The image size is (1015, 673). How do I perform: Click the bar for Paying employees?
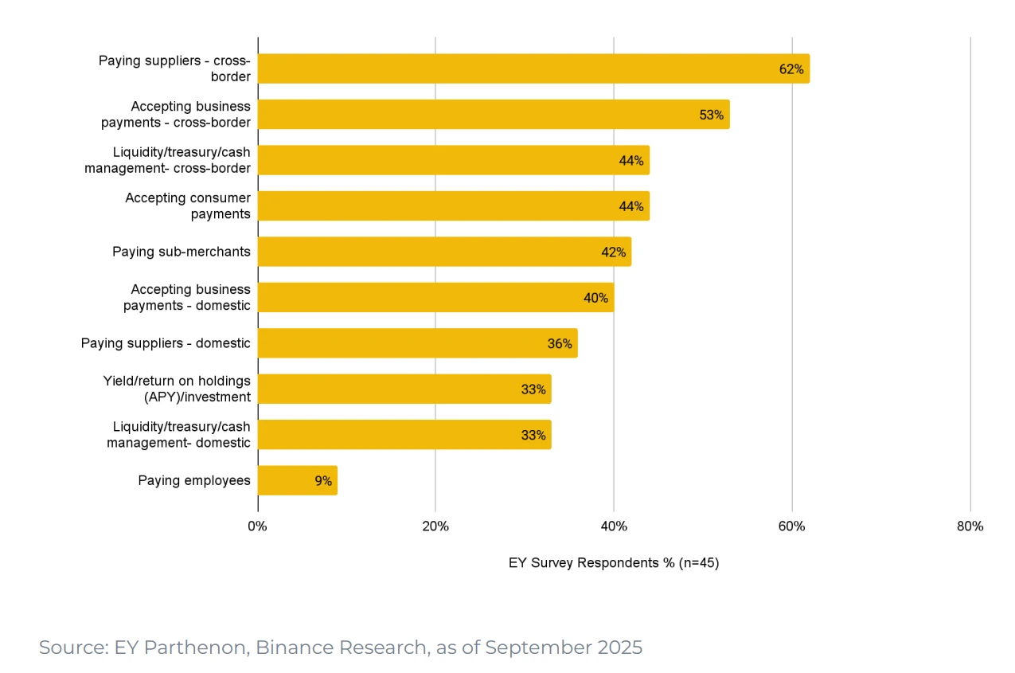coord(297,480)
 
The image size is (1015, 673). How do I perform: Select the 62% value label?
coord(791,69)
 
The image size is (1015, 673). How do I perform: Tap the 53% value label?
coord(711,115)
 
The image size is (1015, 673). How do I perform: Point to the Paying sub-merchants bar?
coord(443,252)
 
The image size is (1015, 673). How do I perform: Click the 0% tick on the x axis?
coord(257,526)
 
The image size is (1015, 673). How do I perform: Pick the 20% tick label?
coord(435,526)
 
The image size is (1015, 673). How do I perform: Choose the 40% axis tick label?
coord(614,526)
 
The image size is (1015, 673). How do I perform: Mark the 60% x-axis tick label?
coord(792,526)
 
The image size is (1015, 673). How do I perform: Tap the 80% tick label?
coord(970,526)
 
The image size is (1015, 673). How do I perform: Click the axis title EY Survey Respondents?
coord(613,562)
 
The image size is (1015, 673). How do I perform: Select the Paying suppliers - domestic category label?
coord(166,343)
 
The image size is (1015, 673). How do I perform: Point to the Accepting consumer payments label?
coord(188,205)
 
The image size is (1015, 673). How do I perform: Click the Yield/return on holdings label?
coord(177,389)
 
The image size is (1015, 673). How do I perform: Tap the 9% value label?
coord(322,481)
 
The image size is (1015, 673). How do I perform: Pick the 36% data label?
coord(560,343)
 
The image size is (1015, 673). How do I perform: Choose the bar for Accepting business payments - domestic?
coord(435,297)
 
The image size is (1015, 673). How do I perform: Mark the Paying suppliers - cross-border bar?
coord(533,68)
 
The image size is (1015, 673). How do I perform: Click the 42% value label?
coord(613,252)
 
